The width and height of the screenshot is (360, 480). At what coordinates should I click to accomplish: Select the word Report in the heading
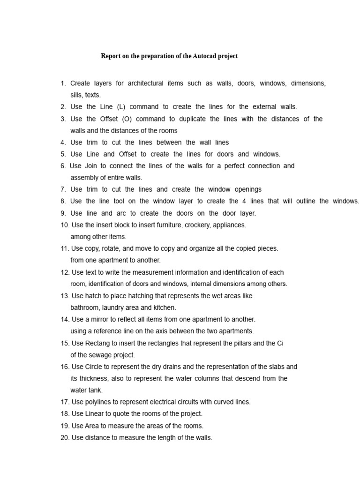click(x=111, y=56)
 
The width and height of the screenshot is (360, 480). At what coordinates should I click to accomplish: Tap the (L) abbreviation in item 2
click(x=120, y=107)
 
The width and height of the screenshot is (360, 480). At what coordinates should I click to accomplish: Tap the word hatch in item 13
click(x=94, y=296)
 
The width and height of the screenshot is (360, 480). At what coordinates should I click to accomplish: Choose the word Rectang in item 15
click(x=97, y=343)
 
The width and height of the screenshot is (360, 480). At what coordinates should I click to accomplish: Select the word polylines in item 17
click(x=99, y=402)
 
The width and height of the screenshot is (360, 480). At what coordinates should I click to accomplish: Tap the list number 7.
click(x=63, y=189)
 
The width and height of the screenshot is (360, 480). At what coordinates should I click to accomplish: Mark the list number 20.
click(x=65, y=438)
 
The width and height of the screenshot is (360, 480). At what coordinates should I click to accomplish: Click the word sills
click(x=76, y=95)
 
